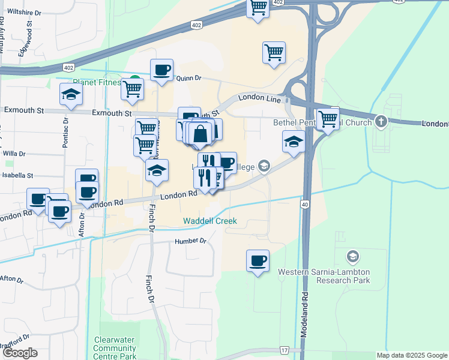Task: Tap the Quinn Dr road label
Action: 188,77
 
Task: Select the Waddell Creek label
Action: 210,221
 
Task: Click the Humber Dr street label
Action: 190,241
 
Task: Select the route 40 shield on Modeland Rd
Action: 305,205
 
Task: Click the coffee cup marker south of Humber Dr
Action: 258,260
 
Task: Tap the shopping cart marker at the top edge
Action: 258,8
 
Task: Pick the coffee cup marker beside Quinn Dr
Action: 161,70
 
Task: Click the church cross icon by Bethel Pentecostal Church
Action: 380,122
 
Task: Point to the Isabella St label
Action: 17,176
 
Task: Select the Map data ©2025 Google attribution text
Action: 411,355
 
